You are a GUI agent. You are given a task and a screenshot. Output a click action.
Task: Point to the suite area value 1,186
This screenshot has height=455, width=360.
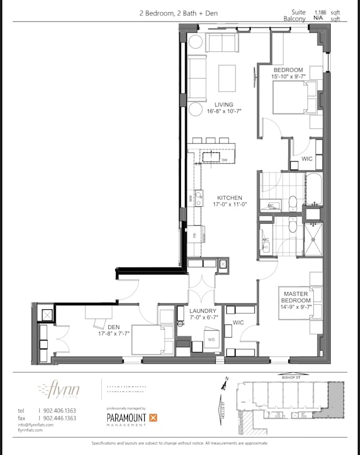point(320,11)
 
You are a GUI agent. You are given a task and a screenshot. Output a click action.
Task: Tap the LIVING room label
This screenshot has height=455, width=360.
point(224,105)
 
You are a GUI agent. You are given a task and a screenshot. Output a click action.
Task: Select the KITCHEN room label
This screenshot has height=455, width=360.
point(229,198)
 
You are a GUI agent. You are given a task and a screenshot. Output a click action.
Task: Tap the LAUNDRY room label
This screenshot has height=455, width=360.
point(203,311)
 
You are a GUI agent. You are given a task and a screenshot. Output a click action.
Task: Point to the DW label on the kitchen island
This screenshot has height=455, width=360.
point(224,160)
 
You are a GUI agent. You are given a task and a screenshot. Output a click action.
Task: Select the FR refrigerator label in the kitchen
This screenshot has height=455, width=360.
point(194,234)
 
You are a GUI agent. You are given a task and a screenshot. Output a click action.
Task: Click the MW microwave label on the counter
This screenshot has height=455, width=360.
point(190,198)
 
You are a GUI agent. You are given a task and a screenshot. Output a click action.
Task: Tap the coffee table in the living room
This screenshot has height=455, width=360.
point(227,78)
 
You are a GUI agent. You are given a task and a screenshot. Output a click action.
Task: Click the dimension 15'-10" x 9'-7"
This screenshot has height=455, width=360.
point(288,77)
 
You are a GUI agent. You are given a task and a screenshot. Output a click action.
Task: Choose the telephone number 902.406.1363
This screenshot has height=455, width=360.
point(59,411)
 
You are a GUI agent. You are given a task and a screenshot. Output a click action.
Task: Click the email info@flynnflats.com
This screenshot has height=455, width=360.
point(35,424)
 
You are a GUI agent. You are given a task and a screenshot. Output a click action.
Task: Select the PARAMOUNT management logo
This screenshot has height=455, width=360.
point(131,417)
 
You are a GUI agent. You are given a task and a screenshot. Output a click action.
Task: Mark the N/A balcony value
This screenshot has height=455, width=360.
point(318,18)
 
